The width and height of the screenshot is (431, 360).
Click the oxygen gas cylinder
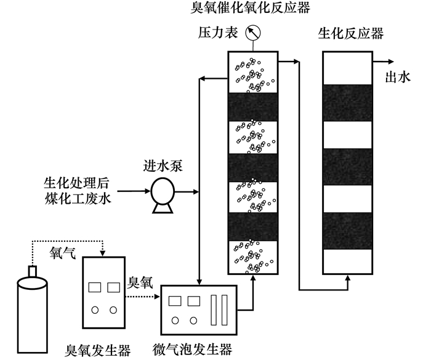(34, 305)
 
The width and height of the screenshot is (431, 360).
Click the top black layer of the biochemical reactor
(348, 102)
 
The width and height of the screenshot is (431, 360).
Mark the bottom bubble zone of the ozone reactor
(253, 257)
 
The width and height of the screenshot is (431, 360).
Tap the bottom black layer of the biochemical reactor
(348, 230)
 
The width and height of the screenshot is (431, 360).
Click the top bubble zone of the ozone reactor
(253, 72)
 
